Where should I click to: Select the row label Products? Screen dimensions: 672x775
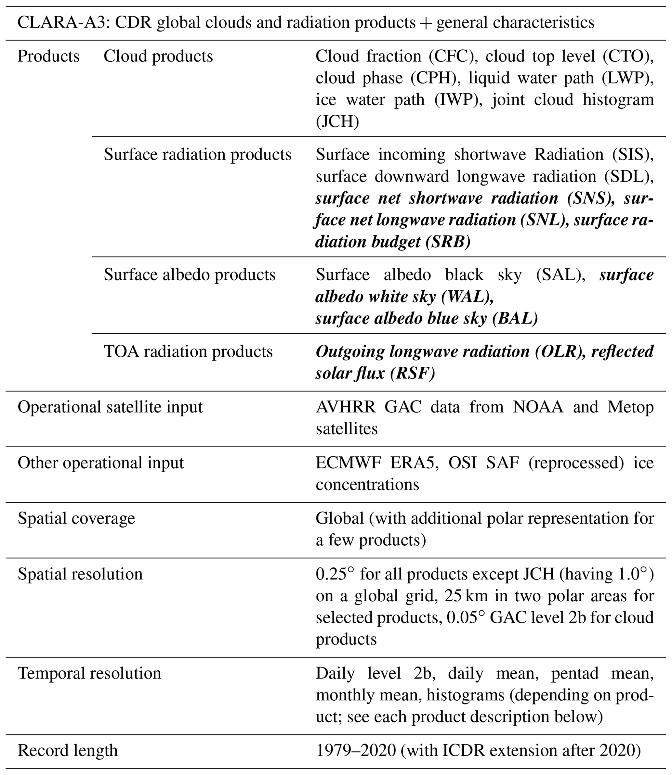48,57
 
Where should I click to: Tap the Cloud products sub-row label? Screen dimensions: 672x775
158,57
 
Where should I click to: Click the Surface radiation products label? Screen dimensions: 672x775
197,155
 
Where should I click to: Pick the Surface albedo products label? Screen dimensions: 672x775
189,275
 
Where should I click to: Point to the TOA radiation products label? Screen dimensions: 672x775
188,352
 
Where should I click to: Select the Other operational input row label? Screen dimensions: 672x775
100,463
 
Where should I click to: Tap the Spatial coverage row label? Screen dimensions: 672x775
76,519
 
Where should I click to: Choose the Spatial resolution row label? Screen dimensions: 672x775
80,574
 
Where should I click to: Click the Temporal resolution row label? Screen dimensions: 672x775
89,673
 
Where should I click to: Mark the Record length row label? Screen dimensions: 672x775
68,751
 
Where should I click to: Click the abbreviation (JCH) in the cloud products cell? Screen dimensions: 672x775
337,122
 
